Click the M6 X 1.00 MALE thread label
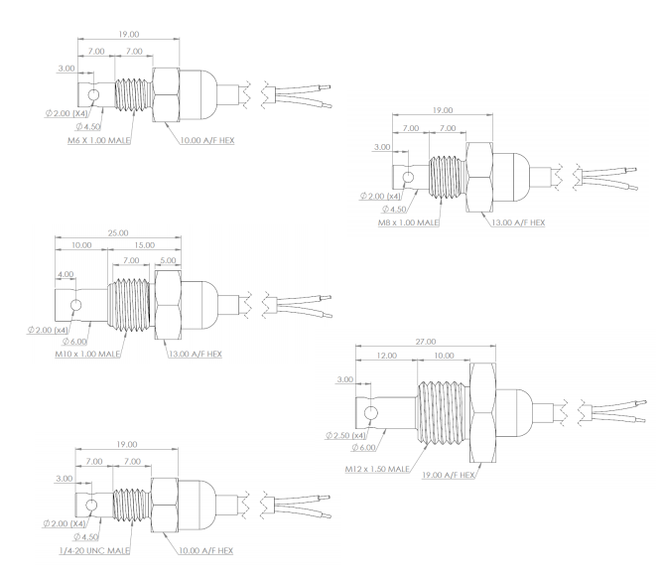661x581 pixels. pyautogui.click(x=99, y=140)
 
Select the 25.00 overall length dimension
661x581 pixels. pyautogui.click(x=116, y=233)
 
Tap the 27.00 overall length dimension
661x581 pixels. pyautogui.click(x=424, y=342)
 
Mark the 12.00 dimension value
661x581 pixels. pyautogui.click(x=386, y=355)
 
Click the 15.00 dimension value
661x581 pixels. pyautogui.click(x=143, y=245)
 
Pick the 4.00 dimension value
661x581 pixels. pyautogui.click(x=66, y=273)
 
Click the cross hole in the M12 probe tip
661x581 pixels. pyautogui.click(x=371, y=412)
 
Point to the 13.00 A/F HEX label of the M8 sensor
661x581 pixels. pyautogui.click(x=519, y=222)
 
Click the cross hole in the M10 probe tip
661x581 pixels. pyautogui.click(x=71, y=302)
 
